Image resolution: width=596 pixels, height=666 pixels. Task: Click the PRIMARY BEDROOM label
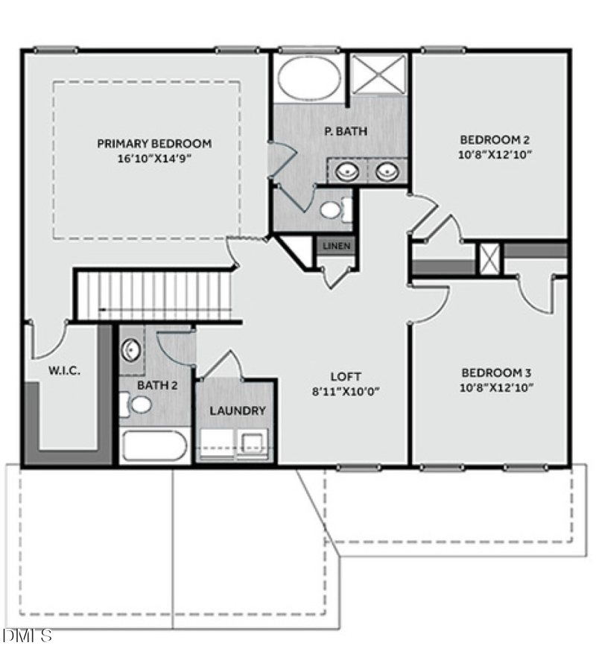pyautogui.click(x=154, y=143)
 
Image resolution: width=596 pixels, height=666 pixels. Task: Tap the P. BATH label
pyautogui.click(x=346, y=132)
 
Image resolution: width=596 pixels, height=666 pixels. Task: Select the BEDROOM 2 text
pyautogui.click(x=494, y=139)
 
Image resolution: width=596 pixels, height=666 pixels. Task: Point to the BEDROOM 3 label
pyautogui.click(x=495, y=372)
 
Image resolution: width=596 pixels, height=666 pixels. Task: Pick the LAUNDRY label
pyautogui.click(x=238, y=410)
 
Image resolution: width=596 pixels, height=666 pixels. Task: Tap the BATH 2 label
pyautogui.click(x=157, y=385)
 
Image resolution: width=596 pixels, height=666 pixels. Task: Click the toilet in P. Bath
pyautogui.click(x=332, y=209)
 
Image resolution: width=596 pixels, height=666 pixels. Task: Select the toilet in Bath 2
pyautogui.click(x=139, y=405)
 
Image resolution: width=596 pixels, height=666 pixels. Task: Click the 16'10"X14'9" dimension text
pyautogui.click(x=154, y=158)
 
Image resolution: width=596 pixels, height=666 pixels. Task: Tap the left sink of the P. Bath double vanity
pyautogui.click(x=346, y=173)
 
